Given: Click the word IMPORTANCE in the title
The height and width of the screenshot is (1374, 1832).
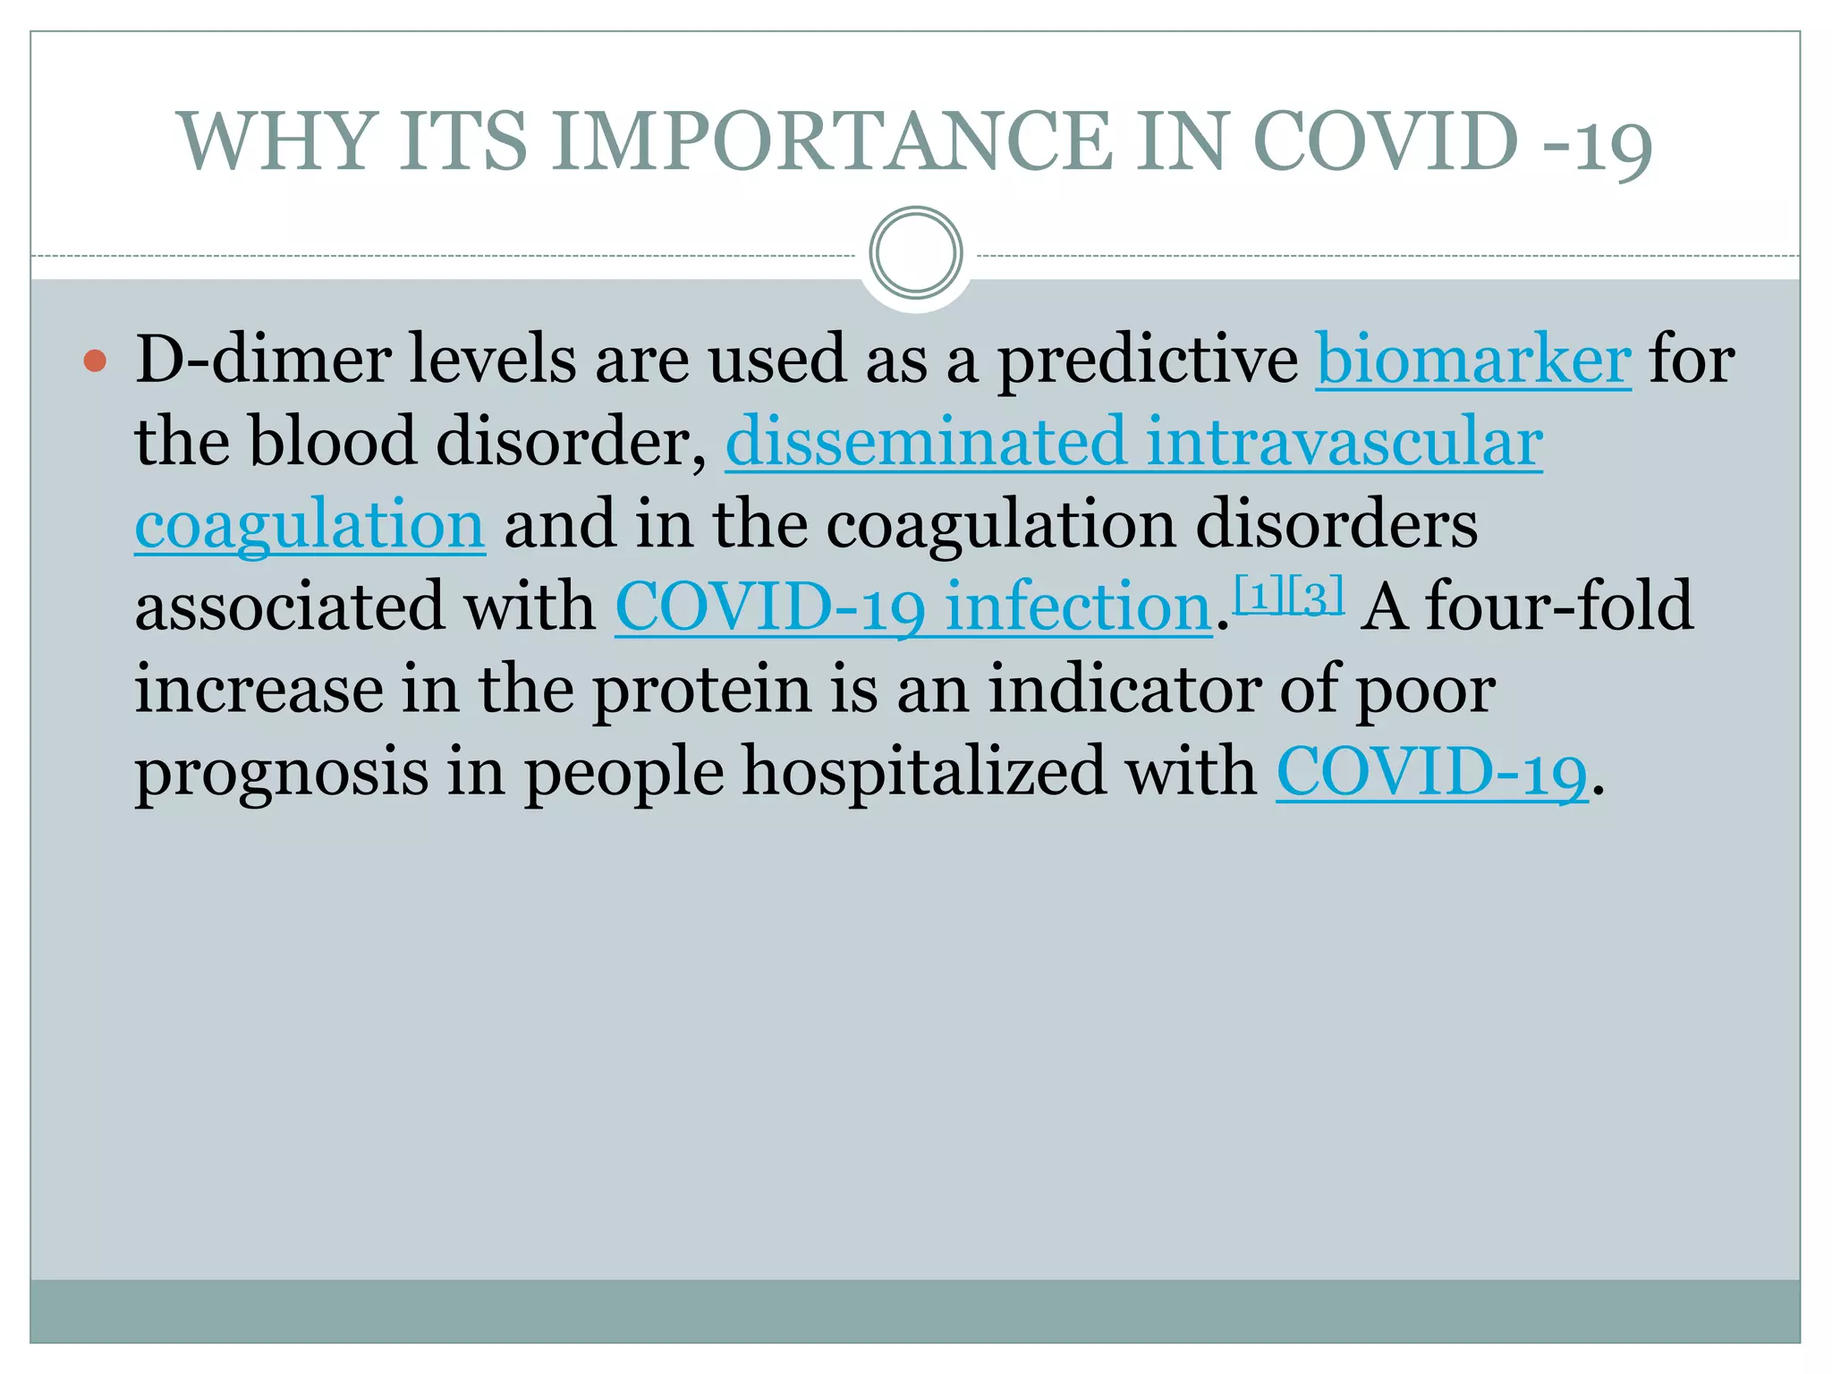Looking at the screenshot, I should (832, 141).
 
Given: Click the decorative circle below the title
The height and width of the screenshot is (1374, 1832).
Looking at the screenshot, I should (915, 253).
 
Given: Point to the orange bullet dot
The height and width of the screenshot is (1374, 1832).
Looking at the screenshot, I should (95, 361).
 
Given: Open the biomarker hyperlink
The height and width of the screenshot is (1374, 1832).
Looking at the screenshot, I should (1473, 360).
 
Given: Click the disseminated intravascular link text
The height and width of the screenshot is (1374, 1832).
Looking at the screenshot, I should (1133, 442).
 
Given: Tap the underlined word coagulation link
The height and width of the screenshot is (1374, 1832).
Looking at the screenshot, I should (310, 525).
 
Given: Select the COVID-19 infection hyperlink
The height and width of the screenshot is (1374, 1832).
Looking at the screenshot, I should (912, 607).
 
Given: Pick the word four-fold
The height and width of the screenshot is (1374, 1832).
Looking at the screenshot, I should (1558, 607).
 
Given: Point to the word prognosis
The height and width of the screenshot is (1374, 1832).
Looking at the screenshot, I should (282, 773).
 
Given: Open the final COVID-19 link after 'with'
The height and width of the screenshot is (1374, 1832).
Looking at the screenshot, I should (1431, 773).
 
